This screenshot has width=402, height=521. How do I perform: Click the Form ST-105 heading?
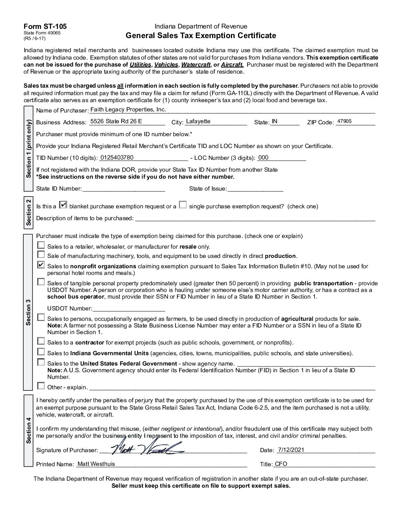click(45, 27)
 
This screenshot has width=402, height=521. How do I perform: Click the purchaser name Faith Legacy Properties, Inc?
click(128, 110)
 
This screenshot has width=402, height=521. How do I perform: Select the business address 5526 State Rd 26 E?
click(116, 121)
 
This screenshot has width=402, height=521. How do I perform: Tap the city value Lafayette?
click(198, 121)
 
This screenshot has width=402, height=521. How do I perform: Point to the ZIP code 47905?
click(344, 121)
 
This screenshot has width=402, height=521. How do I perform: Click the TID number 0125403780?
click(117, 157)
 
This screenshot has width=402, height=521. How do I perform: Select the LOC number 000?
click(263, 157)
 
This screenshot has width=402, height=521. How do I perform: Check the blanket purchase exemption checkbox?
click(64, 205)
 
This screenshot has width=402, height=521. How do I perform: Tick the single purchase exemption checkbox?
click(183, 205)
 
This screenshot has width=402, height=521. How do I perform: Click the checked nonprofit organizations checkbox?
click(41, 265)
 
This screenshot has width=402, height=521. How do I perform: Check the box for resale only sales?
click(41, 245)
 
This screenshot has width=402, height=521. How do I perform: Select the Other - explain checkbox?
click(41, 386)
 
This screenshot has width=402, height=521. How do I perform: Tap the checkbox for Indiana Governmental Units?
click(41, 352)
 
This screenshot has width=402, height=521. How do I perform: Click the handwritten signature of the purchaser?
click(146, 448)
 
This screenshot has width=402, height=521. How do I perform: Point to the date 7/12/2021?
click(290, 450)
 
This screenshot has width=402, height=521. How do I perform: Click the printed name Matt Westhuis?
click(96, 464)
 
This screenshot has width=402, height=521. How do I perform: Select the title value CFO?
click(281, 464)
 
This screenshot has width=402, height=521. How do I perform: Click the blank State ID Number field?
click(123, 188)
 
